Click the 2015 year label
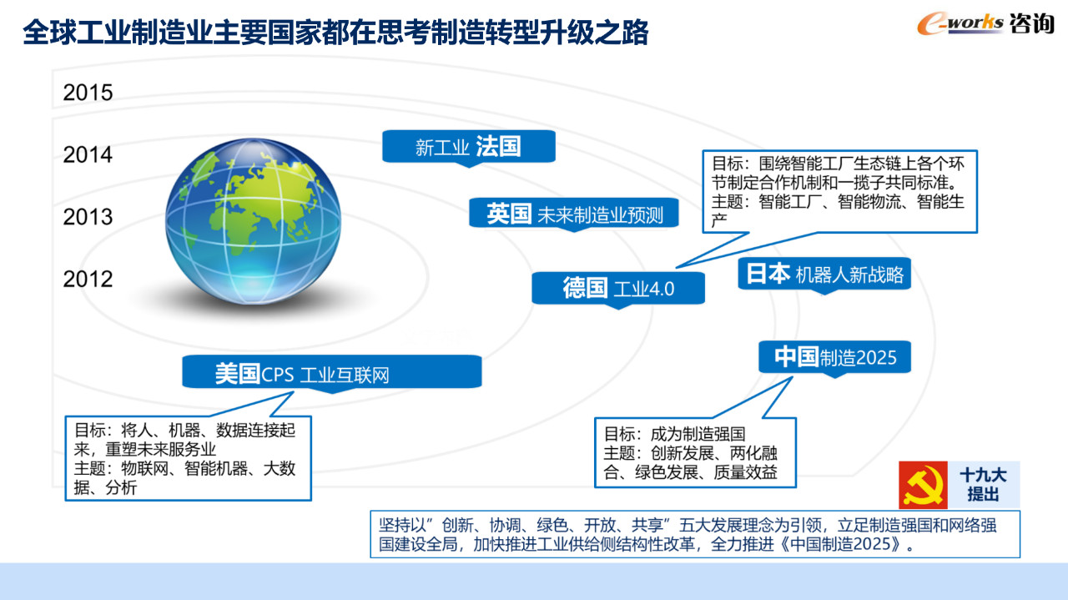pos(88,93)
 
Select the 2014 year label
pos(88,154)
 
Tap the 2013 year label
pos(88,217)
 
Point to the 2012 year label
pos(88,279)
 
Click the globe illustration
pos(253,221)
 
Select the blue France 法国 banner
pos(469,146)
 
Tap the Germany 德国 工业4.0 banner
pos(618,288)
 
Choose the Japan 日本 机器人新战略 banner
pos(824,274)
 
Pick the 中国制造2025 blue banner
pos(835,357)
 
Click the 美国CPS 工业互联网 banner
pos(332,372)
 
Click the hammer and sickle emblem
pos(923,485)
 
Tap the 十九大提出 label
pos(983,485)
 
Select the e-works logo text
pos(960,24)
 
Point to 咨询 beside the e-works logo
pos(1031,23)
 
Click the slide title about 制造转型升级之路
pos(335,33)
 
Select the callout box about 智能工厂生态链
pos(839,192)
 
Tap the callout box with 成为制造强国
pos(695,452)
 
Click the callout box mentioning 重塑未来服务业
pos(188,458)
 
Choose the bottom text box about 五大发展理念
pos(695,534)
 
